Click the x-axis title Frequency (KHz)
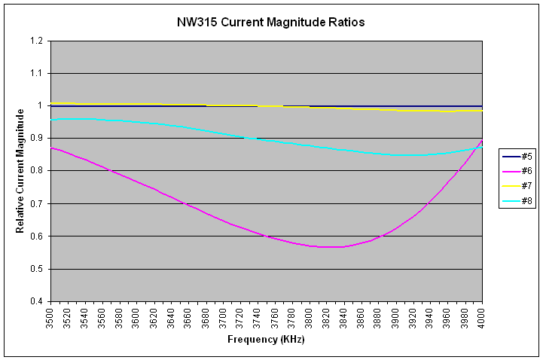[x=266, y=340]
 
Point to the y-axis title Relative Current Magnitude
[x=20, y=170]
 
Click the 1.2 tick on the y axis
[x=37, y=41]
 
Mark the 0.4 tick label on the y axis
[x=37, y=301]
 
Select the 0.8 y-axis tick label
[x=37, y=171]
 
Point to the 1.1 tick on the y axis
[x=37, y=73]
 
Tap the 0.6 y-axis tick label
[x=37, y=236]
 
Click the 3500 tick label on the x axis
[x=50, y=317]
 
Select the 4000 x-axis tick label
[x=482, y=317]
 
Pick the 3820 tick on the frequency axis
[x=327, y=317]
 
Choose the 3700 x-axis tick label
[x=223, y=317]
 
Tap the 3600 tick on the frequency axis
[x=137, y=317]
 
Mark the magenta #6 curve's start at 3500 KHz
[x=50, y=148]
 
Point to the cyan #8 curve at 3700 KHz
[x=223, y=134]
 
